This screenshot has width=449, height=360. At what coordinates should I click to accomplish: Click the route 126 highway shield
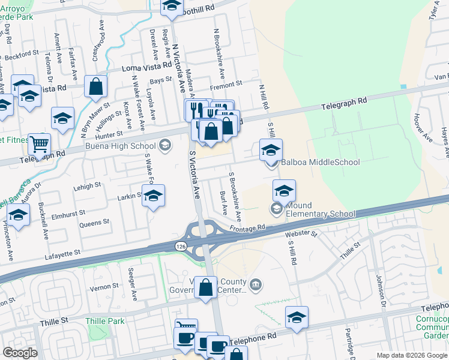click(x=181, y=246)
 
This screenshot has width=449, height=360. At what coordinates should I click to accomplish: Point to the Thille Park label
click(x=105, y=321)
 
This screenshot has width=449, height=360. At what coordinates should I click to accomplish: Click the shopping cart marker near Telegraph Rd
click(x=39, y=143)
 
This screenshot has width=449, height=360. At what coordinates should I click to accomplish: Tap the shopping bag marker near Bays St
click(x=95, y=87)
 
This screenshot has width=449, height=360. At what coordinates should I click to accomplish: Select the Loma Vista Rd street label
click(x=143, y=69)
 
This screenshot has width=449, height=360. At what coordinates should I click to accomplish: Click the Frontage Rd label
click(x=247, y=228)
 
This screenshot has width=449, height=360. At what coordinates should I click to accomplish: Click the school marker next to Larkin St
click(x=154, y=196)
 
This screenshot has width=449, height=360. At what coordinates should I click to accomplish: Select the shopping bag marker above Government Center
click(x=206, y=287)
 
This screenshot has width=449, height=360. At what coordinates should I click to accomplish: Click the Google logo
click(x=20, y=353)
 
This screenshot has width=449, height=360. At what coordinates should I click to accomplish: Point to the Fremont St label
click(x=226, y=84)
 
